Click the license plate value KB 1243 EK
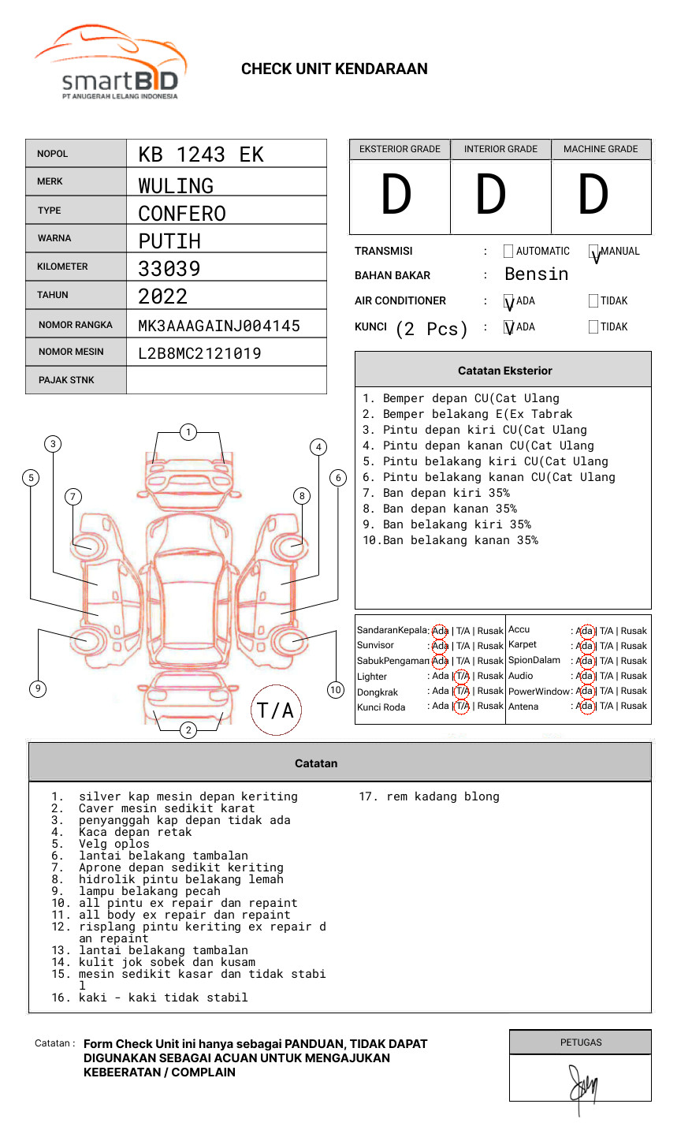pyautogui.click(x=200, y=155)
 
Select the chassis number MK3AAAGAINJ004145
pyautogui.click(x=218, y=326)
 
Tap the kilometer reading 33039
pyautogui.click(x=169, y=269)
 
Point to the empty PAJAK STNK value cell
pyautogui.click(x=226, y=380)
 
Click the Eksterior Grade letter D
pyautogui.click(x=396, y=196)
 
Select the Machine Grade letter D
pyautogui.click(x=593, y=196)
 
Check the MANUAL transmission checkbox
pyautogui.click(x=593, y=252)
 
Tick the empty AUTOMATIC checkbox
pyautogui.click(x=508, y=252)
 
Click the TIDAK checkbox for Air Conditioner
pyautogui.click(x=593, y=300)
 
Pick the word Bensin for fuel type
pyautogui.click(x=536, y=274)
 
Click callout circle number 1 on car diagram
pyautogui.click(x=188, y=432)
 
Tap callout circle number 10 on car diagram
pyautogui.click(x=336, y=690)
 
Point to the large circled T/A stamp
pyautogui.click(x=276, y=710)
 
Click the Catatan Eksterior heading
pyautogui.click(x=504, y=371)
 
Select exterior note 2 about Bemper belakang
pyautogui.click(x=467, y=414)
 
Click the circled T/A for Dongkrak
pyautogui.click(x=462, y=691)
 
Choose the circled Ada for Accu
pyautogui.click(x=585, y=631)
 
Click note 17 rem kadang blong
pyautogui.click(x=430, y=796)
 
